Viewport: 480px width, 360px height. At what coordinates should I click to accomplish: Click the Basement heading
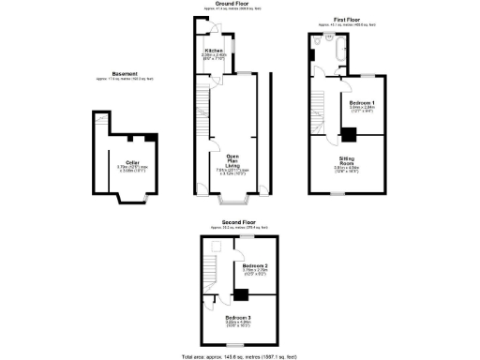click(125, 73)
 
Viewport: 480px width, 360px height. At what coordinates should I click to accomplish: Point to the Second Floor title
click(238, 222)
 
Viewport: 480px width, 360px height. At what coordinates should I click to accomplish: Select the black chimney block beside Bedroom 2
click(242, 295)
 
